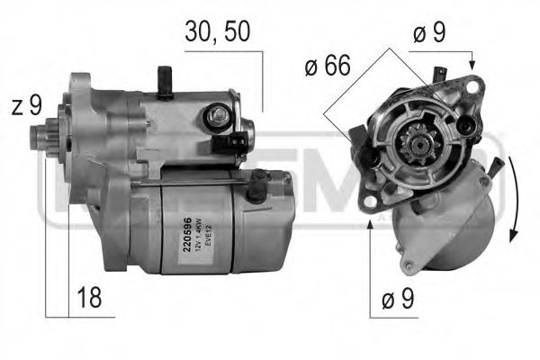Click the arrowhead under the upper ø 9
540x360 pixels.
[x=472, y=65]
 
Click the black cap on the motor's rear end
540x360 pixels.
[x=259, y=186]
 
